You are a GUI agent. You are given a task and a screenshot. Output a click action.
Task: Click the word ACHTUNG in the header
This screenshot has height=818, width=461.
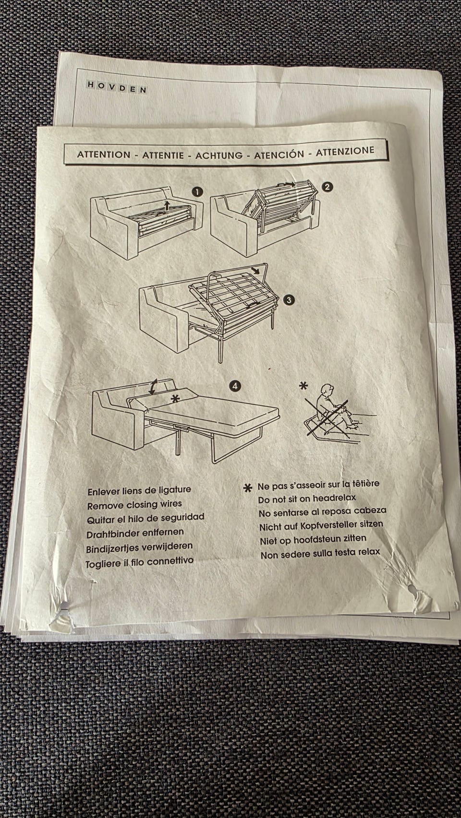tap(219, 155)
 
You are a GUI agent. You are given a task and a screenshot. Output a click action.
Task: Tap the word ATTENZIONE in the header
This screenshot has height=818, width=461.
tap(345, 151)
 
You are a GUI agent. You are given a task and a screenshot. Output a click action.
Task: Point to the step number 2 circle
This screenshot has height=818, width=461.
tap(327, 187)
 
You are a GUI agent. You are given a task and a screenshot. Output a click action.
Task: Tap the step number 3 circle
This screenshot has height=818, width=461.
tap(289, 300)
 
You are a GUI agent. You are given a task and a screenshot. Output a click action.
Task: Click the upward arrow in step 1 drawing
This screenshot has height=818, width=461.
tap(167, 206)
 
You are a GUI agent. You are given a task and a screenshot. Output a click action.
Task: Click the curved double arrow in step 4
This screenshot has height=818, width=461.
tap(153, 387)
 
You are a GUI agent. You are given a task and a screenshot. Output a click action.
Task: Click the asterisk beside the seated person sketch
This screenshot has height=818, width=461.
tap(303, 386)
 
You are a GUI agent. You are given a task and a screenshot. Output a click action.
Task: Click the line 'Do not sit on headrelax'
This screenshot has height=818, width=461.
tap(307, 498)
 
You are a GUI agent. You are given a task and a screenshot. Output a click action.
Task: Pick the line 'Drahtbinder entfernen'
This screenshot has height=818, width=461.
tap(135, 533)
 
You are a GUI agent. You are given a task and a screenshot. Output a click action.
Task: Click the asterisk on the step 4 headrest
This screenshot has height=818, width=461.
tap(176, 399)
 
